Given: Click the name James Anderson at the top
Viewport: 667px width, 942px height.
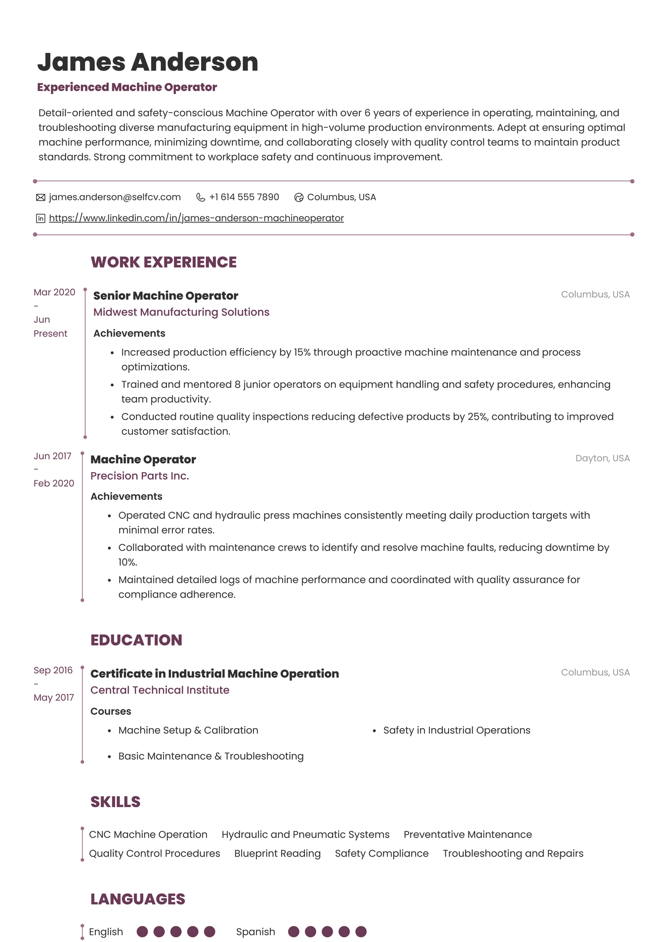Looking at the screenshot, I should (148, 62).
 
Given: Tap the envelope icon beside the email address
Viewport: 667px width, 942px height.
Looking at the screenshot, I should (41, 198).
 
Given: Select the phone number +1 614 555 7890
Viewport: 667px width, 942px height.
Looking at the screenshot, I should (244, 197).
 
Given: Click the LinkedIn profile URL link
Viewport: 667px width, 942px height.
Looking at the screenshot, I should (196, 218).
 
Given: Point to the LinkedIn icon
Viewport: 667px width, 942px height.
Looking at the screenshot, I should (41, 218).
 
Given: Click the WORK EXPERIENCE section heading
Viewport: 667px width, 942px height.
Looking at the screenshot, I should (164, 262).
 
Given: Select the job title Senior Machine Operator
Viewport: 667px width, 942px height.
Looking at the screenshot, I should (166, 296).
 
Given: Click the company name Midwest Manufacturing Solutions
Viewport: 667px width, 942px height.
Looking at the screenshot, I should (181, 312).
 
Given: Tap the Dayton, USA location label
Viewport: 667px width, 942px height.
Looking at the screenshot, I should (602, 458).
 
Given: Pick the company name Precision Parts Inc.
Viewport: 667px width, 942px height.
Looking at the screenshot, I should (140, 476).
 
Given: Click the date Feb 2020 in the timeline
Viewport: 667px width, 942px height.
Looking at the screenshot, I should (54, 484).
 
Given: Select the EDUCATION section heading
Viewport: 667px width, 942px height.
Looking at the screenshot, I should (136, 640).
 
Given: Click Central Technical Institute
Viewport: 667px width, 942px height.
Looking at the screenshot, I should (160, 690).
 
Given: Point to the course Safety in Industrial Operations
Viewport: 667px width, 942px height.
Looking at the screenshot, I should (457, 731).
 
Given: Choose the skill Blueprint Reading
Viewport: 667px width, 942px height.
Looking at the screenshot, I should (277, 854).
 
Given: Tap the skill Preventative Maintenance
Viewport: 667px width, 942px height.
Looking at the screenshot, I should (467, 835).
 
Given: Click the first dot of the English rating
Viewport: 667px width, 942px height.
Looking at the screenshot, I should (142, 932).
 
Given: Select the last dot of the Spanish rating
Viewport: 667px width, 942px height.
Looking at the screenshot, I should (361, 932).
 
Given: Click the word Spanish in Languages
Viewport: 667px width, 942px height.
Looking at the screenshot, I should (255, 932).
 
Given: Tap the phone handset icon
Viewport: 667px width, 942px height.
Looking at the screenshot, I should (201, 198).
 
